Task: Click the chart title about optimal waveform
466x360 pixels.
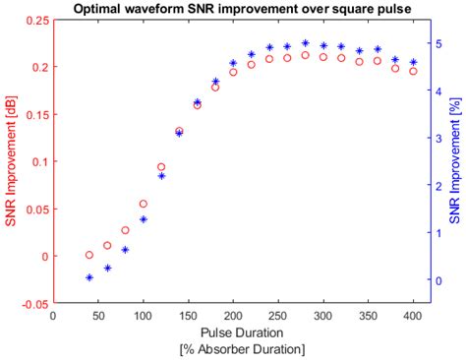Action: [233, 9]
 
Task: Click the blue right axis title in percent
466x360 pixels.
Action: [455, 162]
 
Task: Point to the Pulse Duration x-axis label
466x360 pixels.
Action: [233, 332]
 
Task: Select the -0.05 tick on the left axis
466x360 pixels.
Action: [34, 304]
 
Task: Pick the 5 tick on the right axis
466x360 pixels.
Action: [437, 43]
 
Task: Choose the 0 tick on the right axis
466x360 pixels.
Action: [437, 280]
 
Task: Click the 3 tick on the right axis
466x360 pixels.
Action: [437, 139]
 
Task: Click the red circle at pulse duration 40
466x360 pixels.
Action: [89, 255]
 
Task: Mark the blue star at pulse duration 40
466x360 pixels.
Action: [89, 277]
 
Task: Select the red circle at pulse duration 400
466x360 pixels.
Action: [413, 71]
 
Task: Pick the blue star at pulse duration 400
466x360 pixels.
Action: [413, 63]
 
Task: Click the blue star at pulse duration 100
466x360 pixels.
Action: [144, 219]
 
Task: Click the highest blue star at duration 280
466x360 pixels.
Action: [306, 43]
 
